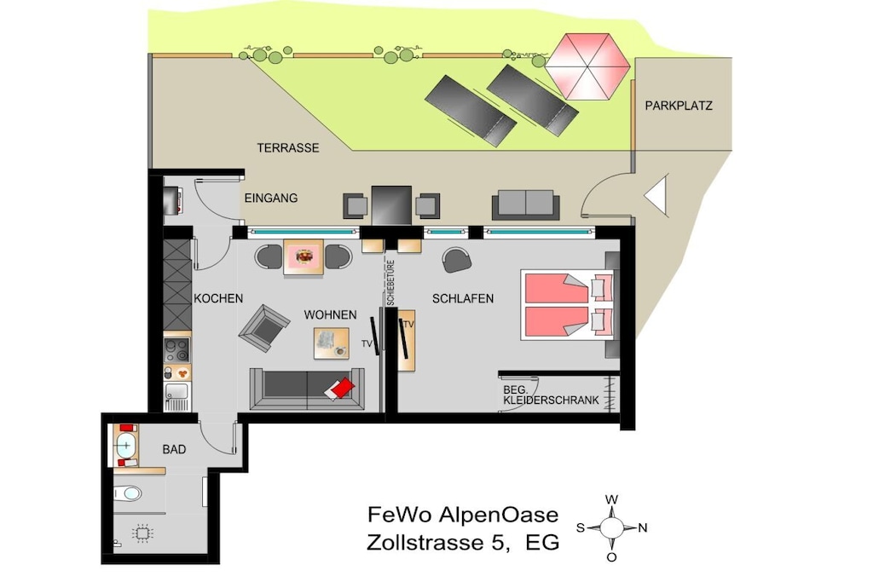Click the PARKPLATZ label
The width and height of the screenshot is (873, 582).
pyautogui.click(x=678, y=106)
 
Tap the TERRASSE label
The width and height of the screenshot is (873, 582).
pyautogui.click(x=288, y=148)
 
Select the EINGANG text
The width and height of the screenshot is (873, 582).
pyautogui.click(x=271, y=198)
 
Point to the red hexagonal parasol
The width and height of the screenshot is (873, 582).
pyautogui.click(x=587, y=66)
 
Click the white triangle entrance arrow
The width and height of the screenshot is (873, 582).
pyautogui.click(x=657, y=195)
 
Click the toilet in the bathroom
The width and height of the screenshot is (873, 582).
pyautogui.click(x=128, y=493)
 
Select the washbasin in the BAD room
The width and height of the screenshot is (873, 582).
pyautogui.click(x=126, y=445)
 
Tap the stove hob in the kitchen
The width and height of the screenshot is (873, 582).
pyautogui.click(x=177, y=349)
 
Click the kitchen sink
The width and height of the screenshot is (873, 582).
pyautogui.click(x=177, y=395)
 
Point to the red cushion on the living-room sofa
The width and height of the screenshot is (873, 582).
pyautogui.click(x=339, y=389)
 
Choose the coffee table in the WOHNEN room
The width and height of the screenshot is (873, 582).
pyautogui.click(x=332, y=343)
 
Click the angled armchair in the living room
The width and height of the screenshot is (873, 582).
pyautogui.click(x=264, y=328)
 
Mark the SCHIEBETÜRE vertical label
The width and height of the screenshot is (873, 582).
pyautogui.click(x=390, y=283)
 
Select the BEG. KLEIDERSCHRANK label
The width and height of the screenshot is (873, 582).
pyautogui.click(x=552, y=395)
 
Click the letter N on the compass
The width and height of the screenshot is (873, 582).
pyautogui.click(x=643, y=527)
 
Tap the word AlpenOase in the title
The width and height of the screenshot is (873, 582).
pyautogui.click(x=499, y=515)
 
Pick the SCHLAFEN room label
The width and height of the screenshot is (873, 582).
pyautogui.click(x=463, y=299)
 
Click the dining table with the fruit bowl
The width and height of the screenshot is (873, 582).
pyautogui.click(x=304, y=257)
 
